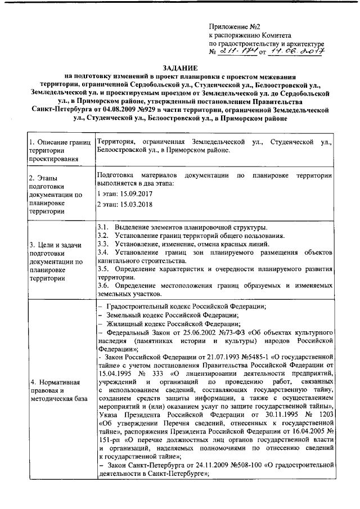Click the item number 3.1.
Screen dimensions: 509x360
[103, 227]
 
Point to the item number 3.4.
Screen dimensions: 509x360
[103, 253]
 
